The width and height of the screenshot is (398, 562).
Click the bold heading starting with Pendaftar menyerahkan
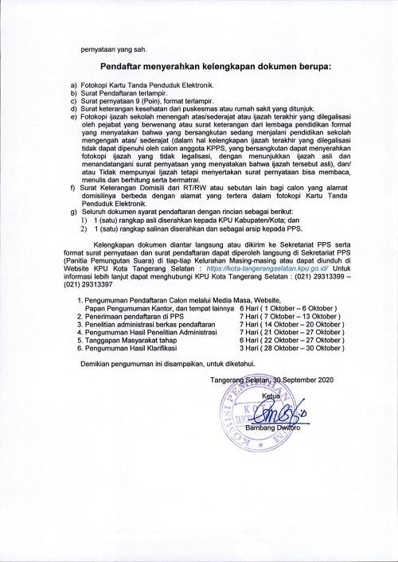pyautogui.click(x=216, y=68)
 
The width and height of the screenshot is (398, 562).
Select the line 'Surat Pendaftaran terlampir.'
pyautogui.click(x=122, y=93)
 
